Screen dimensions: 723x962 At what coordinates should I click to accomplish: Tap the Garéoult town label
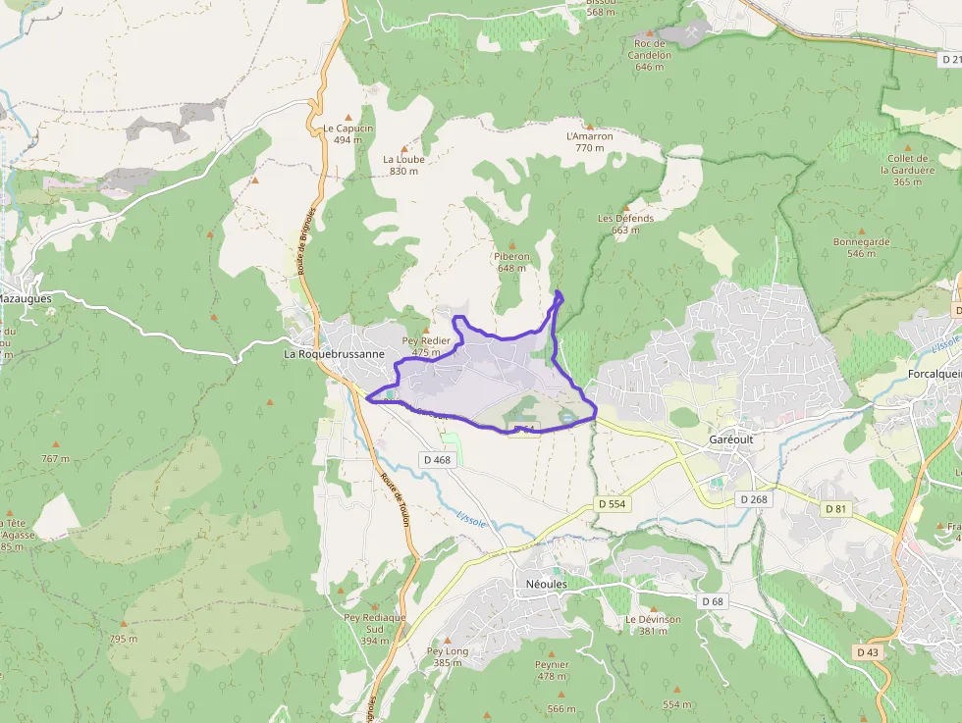731,440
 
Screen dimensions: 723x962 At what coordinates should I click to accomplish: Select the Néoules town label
541,583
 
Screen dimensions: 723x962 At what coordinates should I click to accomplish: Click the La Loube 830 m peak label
403,164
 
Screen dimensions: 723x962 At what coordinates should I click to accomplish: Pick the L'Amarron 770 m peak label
590,141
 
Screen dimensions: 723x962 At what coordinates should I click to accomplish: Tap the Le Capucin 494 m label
348,133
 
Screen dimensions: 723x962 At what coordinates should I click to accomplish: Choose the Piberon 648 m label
512,261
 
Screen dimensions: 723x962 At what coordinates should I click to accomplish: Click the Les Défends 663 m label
625,224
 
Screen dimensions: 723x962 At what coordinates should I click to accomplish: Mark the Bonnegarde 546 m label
861,247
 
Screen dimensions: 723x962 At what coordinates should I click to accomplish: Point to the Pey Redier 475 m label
426,345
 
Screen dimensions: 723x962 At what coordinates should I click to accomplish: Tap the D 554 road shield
612,504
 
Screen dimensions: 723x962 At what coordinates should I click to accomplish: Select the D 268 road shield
754,499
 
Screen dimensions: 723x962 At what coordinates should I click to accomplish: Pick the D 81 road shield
835,508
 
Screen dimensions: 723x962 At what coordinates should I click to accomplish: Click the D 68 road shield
712,600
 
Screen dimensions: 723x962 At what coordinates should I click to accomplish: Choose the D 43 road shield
867,652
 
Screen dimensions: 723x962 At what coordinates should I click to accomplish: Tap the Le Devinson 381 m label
653,625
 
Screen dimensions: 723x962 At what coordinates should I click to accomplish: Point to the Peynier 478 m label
552,669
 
